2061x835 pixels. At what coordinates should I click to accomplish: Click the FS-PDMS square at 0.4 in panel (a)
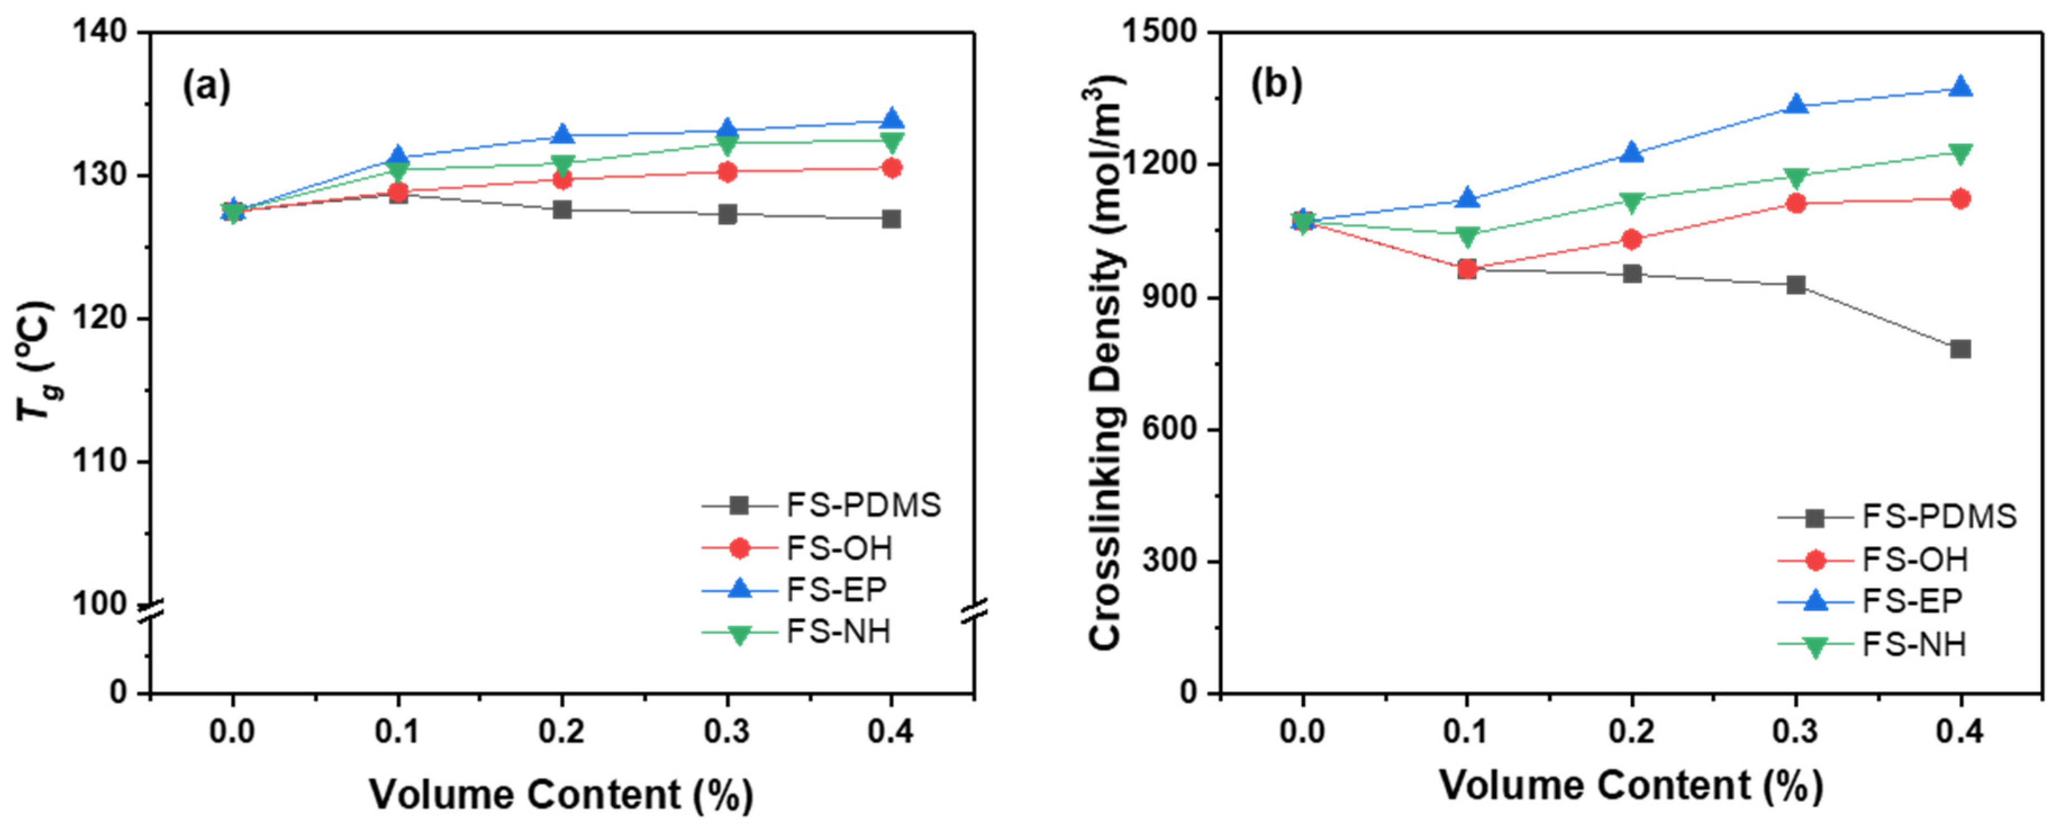coord(891,219)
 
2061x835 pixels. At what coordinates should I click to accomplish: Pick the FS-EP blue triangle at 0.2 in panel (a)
coord(562,134)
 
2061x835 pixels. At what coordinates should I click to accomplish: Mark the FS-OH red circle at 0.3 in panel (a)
coord(727,172)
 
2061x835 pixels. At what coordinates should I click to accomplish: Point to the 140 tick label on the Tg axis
coord(99,32)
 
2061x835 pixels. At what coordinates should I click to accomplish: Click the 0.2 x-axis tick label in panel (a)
coord(562,732)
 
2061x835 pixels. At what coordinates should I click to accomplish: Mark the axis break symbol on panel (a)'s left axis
coord(151,612)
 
